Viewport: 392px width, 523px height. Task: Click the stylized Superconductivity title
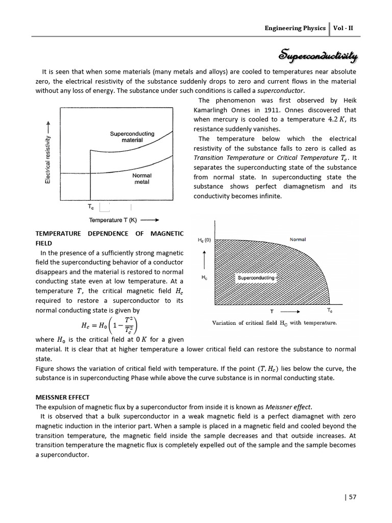[318, 55]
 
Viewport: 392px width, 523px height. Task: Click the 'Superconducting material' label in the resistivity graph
[132, 137]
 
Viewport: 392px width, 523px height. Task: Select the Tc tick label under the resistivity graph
[91, 208]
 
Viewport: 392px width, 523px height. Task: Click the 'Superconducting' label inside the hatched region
[256, 278]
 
